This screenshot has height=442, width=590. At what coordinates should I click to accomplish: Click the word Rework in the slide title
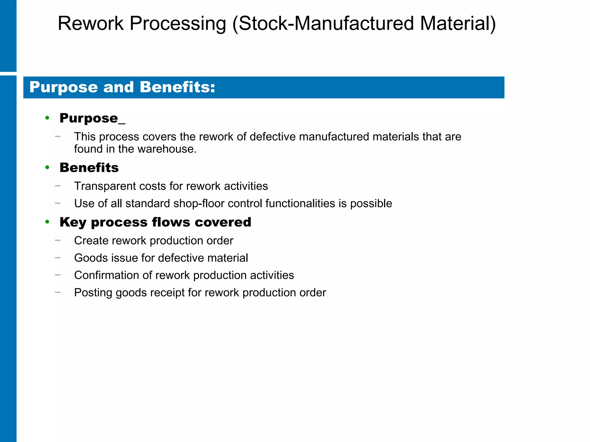click(90, 23)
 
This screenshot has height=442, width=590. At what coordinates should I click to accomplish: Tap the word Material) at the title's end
click(458, 23)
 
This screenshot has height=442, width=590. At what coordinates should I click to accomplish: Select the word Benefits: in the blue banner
click(177, 87)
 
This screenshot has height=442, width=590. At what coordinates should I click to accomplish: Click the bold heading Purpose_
click(92, 118)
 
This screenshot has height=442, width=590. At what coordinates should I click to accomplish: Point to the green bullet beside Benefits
click(47, 167)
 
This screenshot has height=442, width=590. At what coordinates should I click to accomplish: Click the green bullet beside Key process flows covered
click(47, 222)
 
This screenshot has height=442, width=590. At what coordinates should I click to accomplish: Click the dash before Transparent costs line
click(58, 186)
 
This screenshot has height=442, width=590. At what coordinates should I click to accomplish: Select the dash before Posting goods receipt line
click(58, 292)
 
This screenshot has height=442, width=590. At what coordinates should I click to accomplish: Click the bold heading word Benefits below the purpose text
click(89, 167)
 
